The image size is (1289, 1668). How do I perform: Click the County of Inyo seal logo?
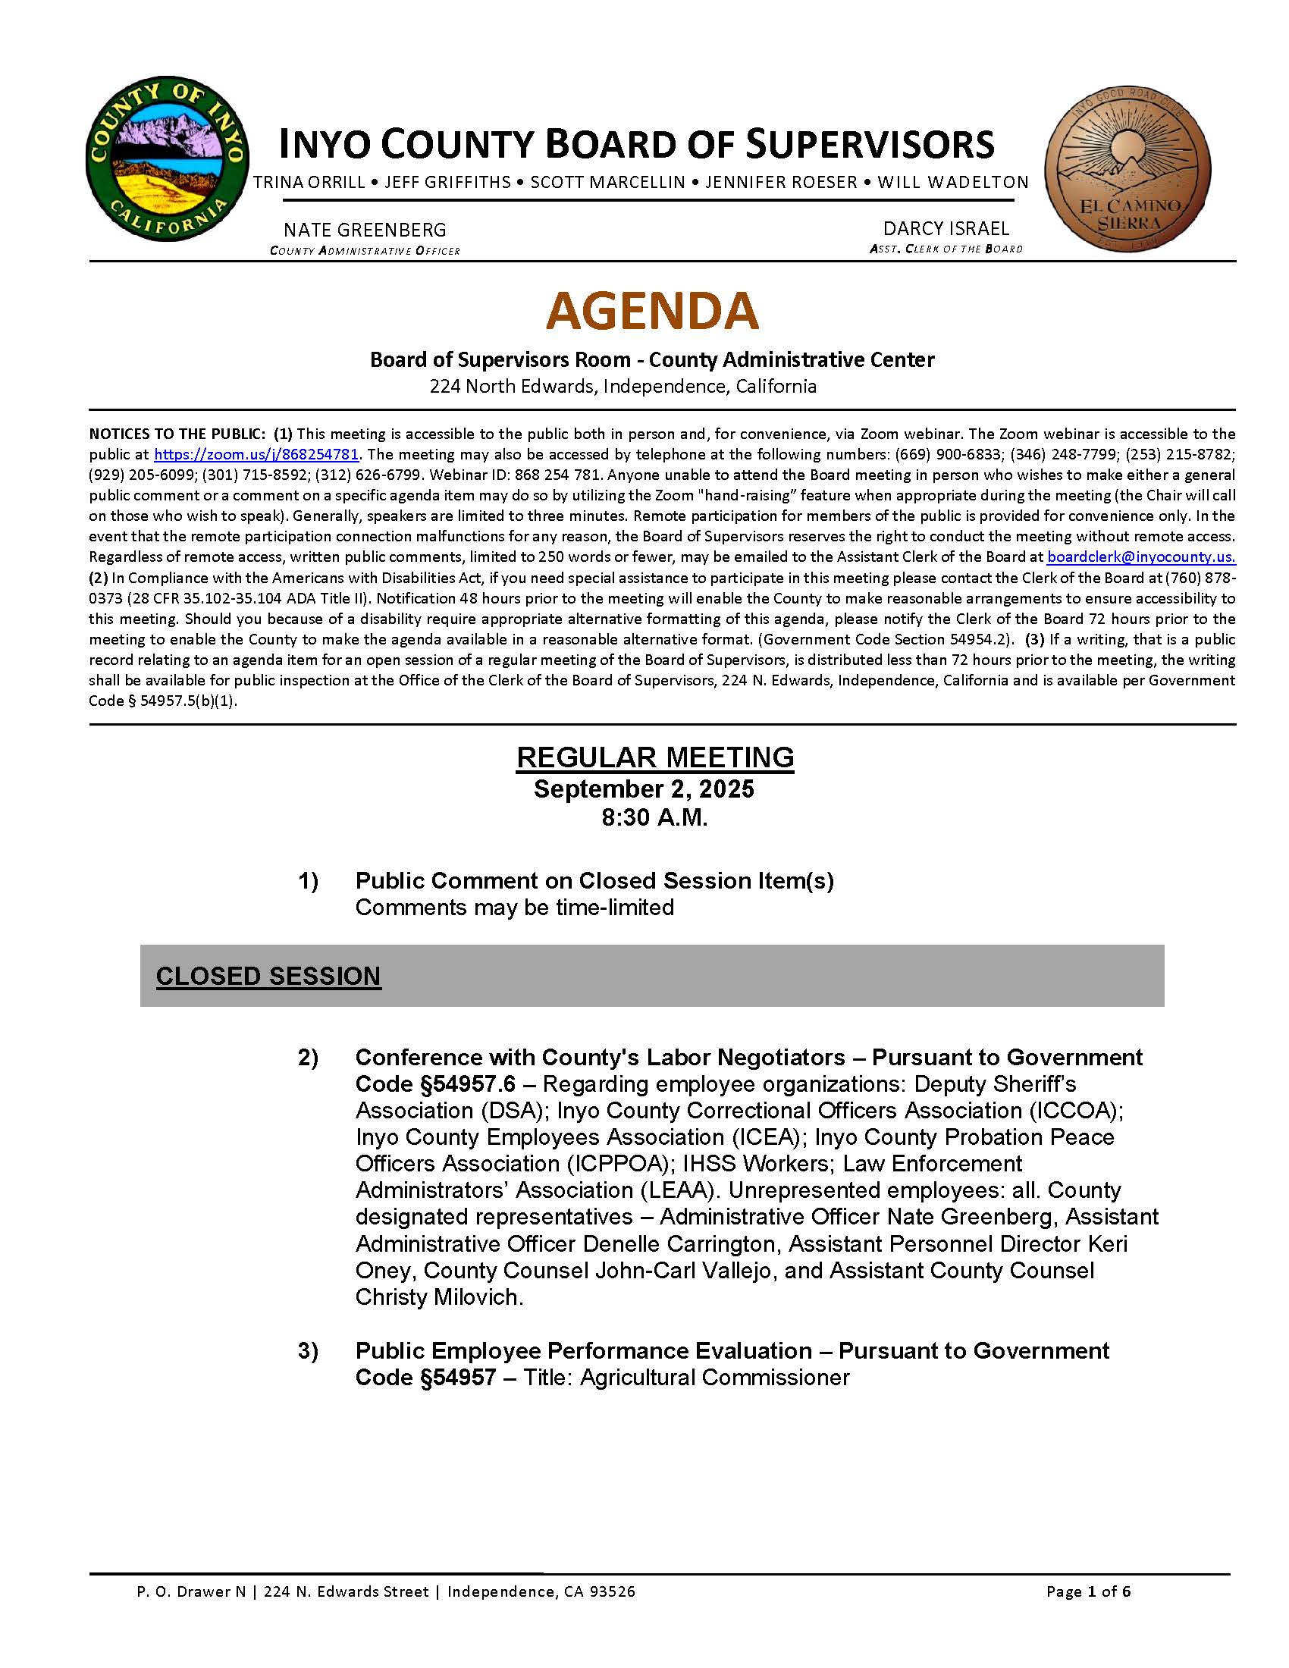point(168,159)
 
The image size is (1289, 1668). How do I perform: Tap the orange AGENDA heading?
point(652,311)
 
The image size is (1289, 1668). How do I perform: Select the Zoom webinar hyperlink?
point(256,454)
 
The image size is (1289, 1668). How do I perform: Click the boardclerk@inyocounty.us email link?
point(1141,557)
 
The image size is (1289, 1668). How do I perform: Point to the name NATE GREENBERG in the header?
point(365,230)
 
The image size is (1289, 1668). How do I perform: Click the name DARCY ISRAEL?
point(946,228)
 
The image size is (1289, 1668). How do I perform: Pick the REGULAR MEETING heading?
point(655,757)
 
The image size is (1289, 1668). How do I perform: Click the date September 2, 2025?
point(644,789)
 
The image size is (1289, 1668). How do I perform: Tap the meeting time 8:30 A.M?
point(654,818)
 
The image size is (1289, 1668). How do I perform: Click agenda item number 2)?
point(308,1058)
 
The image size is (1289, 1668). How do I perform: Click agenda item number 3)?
point(308,1351)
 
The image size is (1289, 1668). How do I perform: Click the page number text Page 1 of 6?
point(1088,1591)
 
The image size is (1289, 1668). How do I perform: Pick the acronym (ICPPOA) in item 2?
point(615,1164)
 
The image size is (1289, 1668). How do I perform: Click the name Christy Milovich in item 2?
point(438,1297)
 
